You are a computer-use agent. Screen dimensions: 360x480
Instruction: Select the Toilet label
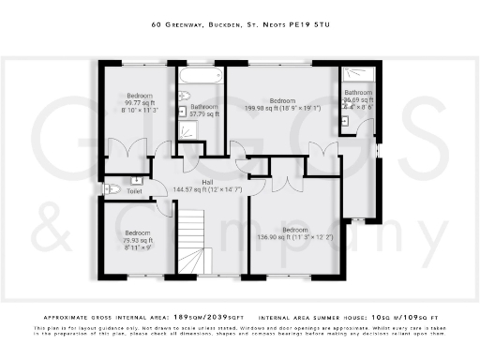point(133,190)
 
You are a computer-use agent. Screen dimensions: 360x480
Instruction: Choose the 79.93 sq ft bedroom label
point(138,240)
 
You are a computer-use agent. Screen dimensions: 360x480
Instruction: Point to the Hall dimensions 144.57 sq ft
point(208,190)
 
